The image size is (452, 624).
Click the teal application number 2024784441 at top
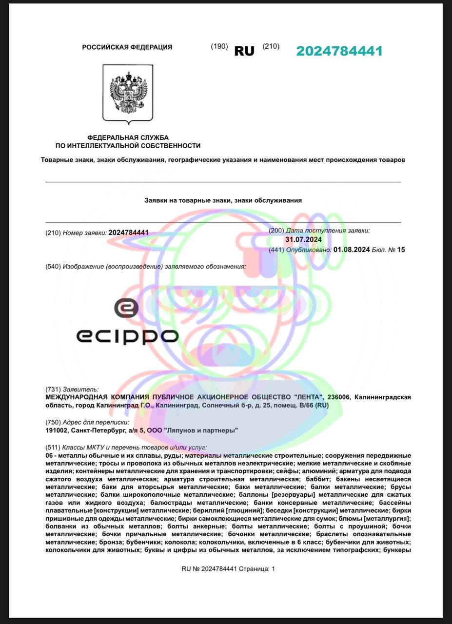(x=339, y=51)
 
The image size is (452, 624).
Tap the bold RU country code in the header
(x=244, y=51)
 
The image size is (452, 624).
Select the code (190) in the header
(x=219, y=46)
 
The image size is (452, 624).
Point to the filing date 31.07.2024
(x=303, y=240)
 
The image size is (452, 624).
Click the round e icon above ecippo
(x=126, y=308)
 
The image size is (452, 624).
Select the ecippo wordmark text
(x=127, y=336)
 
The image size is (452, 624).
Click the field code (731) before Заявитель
(x=52, y=389)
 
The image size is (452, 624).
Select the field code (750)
(x=52, y=422)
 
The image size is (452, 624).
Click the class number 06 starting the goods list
(x=49, y=455)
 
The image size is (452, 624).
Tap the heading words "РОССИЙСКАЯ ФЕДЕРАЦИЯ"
(x=127, y=47)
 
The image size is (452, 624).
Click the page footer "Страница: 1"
(x=257, y=568)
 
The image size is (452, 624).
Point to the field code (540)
(x=52, y=267)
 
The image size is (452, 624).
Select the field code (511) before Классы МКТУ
(x=52, y=447)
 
